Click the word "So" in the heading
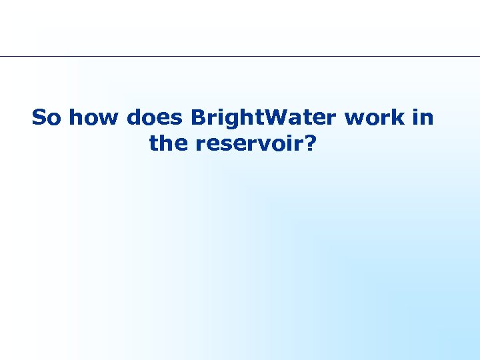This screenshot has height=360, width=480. pos(47,118)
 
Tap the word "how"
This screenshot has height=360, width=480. pos(94,118)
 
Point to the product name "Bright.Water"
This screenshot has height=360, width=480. pos(264,118)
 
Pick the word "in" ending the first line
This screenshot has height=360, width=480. pos(423,118)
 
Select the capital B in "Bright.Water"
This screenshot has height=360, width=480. pos(197,118)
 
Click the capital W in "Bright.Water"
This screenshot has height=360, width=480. pos(283,118)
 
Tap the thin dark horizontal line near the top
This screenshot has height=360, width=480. pos(240,56)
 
